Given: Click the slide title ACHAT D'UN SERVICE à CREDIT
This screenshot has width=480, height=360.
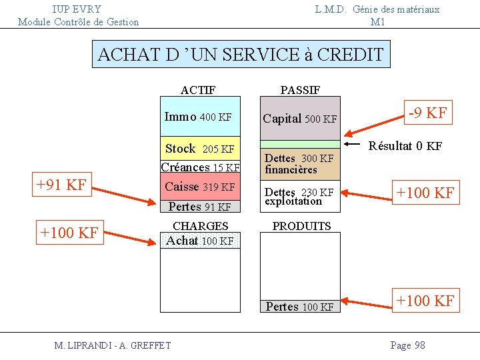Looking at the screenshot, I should pyautogui.click(x=241, y=55).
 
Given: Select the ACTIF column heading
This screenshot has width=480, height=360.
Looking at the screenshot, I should pyautogui.click(x=198, y=90).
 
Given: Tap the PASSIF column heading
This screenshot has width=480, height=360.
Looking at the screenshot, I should pyautogui.click(x=300, y=90).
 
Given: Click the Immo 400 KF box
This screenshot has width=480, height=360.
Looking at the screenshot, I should pyautogui.click(x=199, y=117).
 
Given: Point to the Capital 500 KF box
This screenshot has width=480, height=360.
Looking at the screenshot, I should pyautogui.click(x=300, y=119).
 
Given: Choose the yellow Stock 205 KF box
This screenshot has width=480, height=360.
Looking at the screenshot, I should pyautogui.click(x=199, y=149).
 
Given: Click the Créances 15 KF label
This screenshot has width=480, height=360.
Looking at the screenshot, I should pyautogui.click(x=200, y=167).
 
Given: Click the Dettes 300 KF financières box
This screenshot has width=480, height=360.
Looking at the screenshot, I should pyautogui.click(x=299, y=164).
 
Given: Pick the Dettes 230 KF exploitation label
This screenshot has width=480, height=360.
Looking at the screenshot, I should pyautogui.click(x=299, y=197).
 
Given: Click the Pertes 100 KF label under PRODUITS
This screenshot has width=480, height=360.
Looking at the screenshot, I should pyautogui.click(x=299, y=307).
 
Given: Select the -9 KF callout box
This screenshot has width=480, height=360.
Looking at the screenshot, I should pyautogui.click(x=427, y=113).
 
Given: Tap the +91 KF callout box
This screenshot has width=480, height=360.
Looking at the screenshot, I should pyautogui.click(x=61, y=185).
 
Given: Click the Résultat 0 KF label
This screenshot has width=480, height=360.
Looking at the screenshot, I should pyautogui.click(x=405, y=146).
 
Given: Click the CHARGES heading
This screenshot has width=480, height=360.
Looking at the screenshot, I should pyautogui.click(x=200, y=226).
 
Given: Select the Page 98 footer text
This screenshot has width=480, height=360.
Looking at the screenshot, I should pyautogui.click(x=407, y=345).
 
